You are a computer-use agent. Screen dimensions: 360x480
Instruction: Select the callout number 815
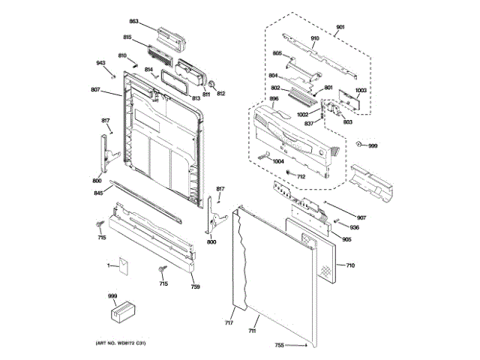point(127,37)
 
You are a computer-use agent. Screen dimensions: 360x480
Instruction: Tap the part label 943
point(100,63)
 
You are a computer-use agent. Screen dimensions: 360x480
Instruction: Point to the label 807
point(95,91)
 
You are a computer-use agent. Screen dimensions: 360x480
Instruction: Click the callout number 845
point(98,193)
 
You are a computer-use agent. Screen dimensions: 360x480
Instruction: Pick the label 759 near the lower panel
point(195,286)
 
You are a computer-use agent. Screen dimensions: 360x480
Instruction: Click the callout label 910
point(315,37)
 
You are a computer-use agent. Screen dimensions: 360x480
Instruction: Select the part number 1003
point(361,91)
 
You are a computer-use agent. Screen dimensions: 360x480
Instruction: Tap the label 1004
point(278,161)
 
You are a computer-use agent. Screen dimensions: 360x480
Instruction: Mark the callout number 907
point(361,218)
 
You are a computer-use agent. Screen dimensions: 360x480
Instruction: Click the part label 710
point(350,265)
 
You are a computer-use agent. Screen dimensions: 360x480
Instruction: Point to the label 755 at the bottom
point(279,345)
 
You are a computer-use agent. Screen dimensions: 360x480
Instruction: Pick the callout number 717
point(229,323)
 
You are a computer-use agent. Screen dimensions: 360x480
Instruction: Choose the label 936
point(355,227)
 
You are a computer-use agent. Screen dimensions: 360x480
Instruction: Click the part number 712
point(301,176)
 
